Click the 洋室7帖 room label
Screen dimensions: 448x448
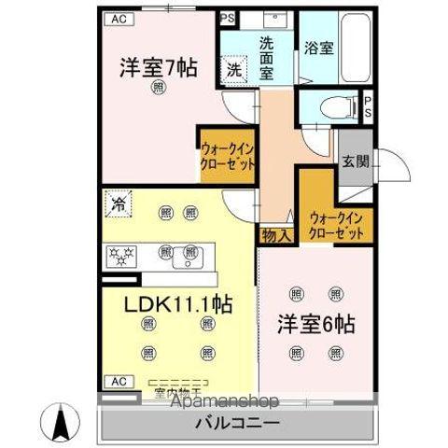click(x=157, y=68)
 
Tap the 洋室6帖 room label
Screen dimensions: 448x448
click(x=315, y=329)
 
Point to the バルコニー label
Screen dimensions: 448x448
click(x=236, y=423)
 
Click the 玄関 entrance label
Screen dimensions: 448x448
click(x=354, y=161)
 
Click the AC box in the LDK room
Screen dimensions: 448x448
click(x=118, y=381)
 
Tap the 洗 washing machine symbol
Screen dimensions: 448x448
click(x=233, y=71)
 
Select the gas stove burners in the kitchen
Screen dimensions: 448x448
click(x=124, y=253)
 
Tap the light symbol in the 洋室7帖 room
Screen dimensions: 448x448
click(x=158, y=88)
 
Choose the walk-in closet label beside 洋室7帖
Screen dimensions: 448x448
click(x=227, y=153)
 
